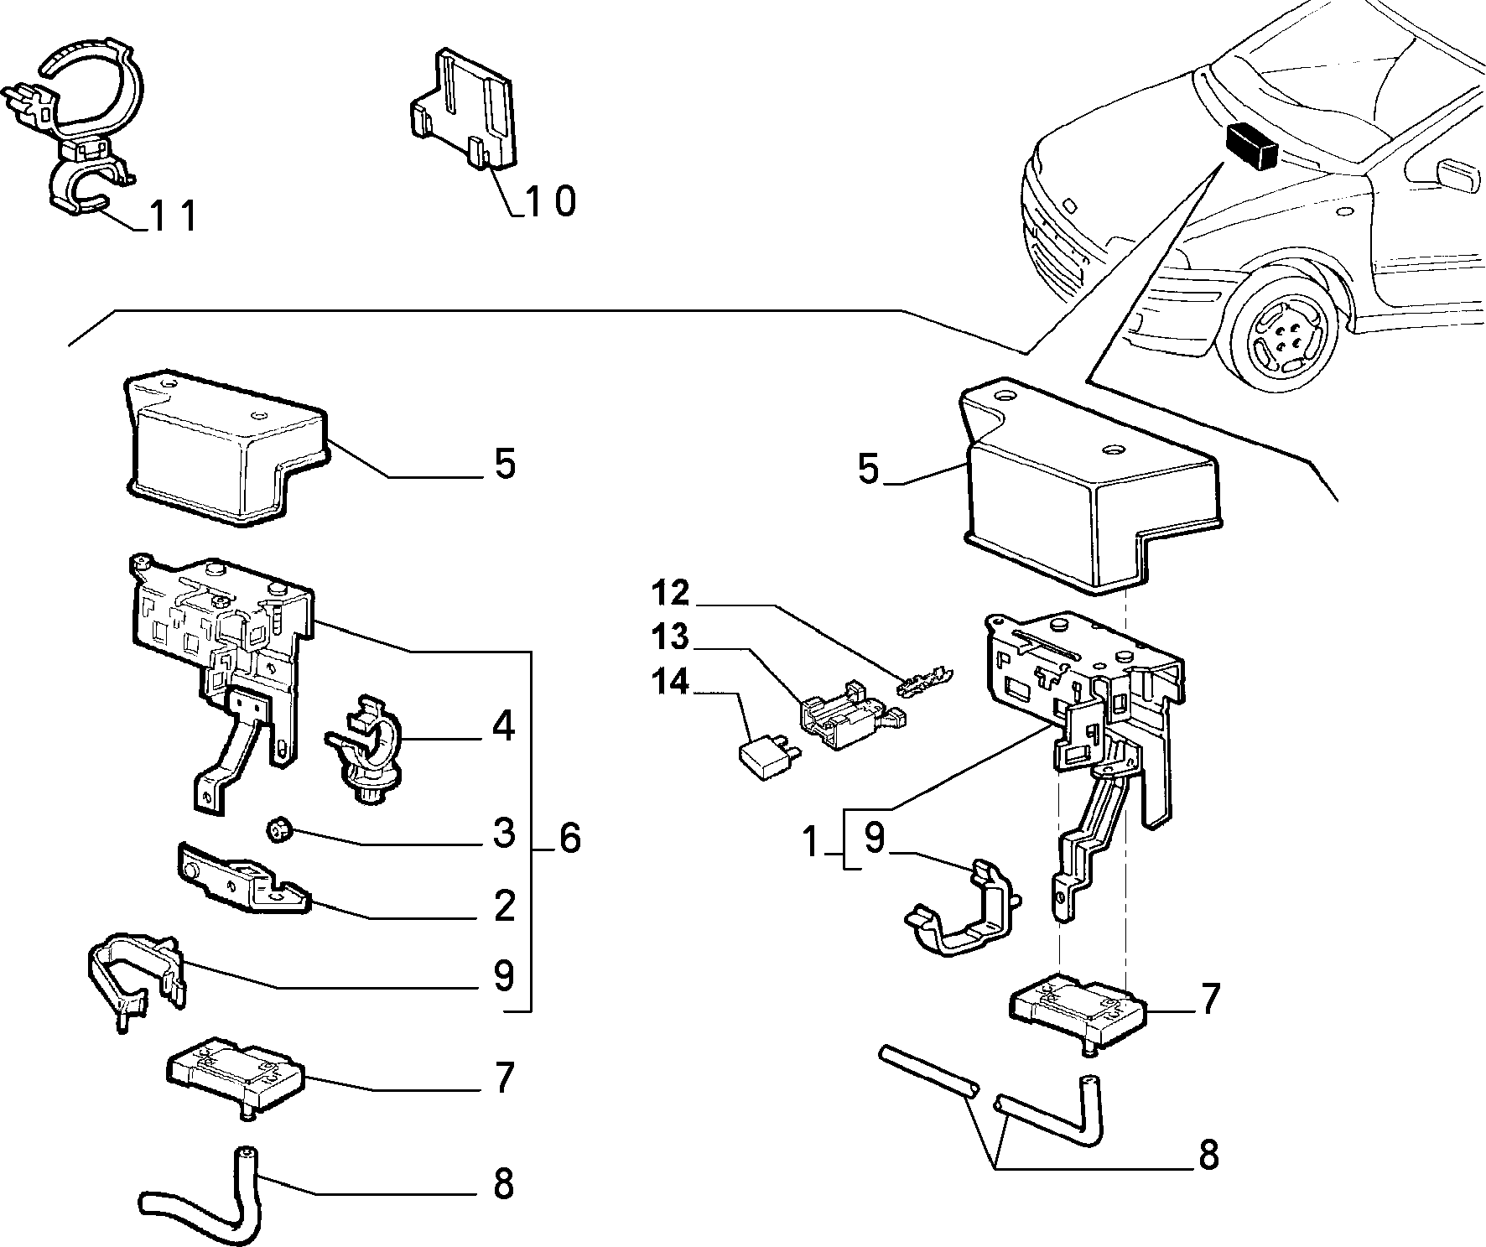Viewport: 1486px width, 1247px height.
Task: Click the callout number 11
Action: pos(173,216)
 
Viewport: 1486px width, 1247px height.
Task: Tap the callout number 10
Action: pos(551,201)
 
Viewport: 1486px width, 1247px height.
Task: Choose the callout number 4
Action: pos(502,726)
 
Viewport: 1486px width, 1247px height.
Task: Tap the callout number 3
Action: pos(503,833)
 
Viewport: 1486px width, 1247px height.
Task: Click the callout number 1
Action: pos(809,841)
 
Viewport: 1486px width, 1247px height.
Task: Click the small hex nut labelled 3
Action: pos(278,832)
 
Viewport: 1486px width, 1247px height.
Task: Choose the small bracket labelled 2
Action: pos(242,878)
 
